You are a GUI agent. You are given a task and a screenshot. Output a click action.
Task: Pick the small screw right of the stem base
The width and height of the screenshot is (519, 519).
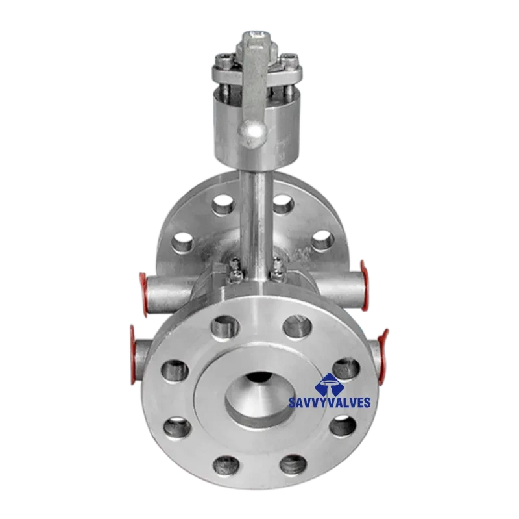tap(278, 266)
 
